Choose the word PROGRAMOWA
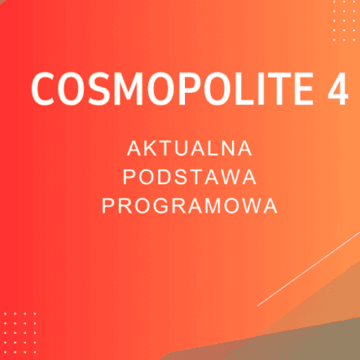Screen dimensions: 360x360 188,206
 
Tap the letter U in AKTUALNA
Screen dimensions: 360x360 184,148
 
